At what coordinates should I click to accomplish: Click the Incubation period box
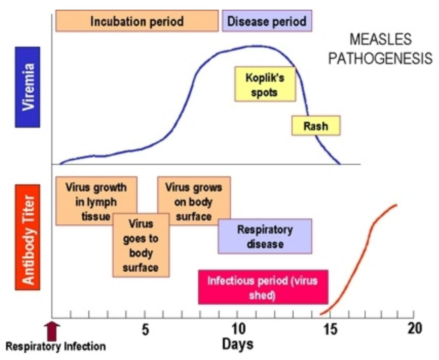coord(137,21)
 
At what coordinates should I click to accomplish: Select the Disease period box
coord(267,21)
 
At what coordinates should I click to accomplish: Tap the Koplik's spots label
coord(265,85)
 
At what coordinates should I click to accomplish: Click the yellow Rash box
coord(316,126)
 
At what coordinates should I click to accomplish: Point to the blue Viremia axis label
coord(27,87)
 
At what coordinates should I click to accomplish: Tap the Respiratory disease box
coord(265,236)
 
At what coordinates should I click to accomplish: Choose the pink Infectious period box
coord(263,287)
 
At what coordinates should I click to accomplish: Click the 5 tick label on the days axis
coord(145,330)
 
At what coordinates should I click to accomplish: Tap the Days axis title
coord(238,344)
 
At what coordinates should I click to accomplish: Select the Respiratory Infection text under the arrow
coord(55,346)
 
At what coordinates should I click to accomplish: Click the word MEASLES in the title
coord(380,40)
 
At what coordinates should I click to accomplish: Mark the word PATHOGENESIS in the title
coord(380,58)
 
